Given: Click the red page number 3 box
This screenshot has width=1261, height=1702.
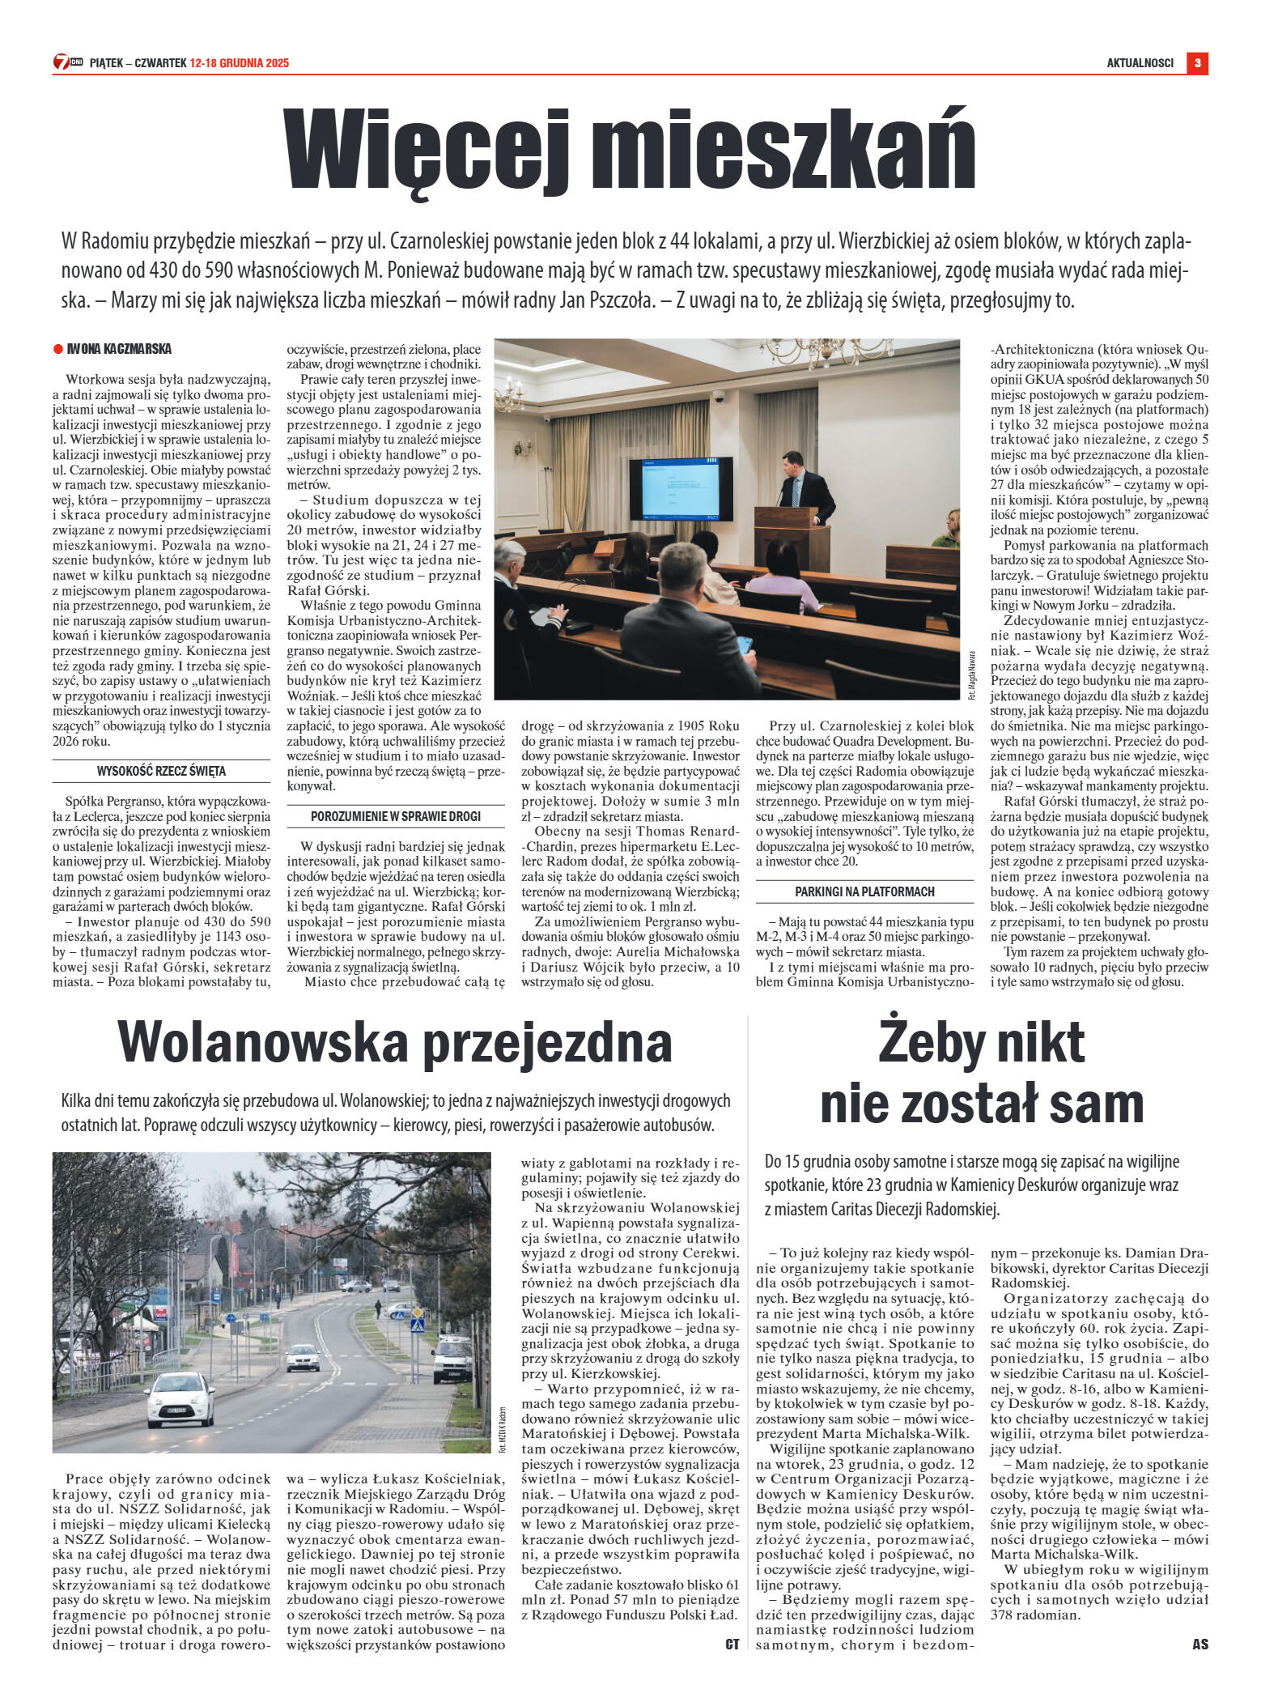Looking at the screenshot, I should tap(1197, 62).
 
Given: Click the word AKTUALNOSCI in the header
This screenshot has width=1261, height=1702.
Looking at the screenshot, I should tap(1140, 63).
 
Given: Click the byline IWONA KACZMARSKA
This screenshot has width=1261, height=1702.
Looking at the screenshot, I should tap(119, 349).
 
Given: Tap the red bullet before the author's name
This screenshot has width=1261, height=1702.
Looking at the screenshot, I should tap(57, 349).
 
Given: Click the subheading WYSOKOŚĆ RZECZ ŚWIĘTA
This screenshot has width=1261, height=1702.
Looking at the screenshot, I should tap(161, 771).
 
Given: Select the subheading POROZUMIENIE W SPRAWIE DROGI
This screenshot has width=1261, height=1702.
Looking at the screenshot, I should tap(396, 816).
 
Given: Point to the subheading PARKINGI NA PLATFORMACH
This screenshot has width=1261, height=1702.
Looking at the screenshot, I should tap(864, 891).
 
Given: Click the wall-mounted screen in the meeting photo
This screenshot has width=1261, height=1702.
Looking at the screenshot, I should tap(681, 488).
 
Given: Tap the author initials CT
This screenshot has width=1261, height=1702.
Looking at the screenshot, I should tap(732, 1644).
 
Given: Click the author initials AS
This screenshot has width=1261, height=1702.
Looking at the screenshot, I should tap(1199, 1644).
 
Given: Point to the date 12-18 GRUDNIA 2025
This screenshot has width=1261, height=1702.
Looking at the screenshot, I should tap(239, 63).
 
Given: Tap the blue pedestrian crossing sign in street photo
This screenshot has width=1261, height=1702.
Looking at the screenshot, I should tap(417, 1325).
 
